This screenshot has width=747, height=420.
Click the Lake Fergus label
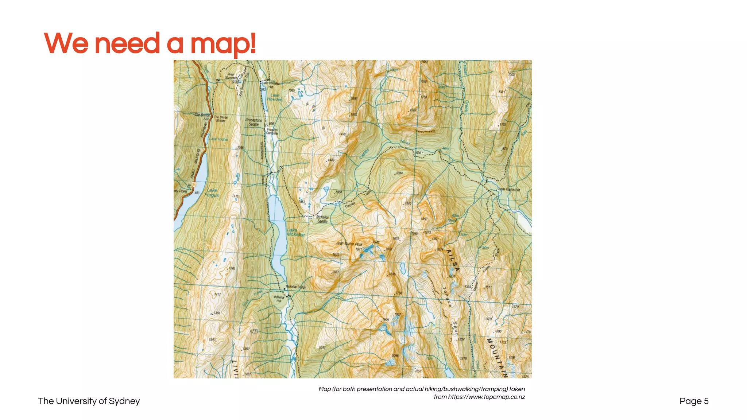pos(212,192)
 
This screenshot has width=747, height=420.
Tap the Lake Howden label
pos(275,97)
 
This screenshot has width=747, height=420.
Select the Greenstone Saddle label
pos(253,122)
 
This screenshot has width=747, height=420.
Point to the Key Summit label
pos(231,76)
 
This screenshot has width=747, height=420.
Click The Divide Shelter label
pos(221,119)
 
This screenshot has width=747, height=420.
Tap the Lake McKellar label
pos(295,232)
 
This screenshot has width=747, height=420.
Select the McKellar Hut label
pos(279,299)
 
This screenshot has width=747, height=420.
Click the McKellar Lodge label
pos(295,287)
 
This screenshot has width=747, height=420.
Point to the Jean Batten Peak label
pos(349,244)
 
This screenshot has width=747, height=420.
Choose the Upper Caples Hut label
pos(509,190)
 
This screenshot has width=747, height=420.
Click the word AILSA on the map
pos(453,260)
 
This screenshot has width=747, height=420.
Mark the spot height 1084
pos(399,173)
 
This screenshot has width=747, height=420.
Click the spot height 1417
pos(217,294)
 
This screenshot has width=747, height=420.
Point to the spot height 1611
pos(488,287)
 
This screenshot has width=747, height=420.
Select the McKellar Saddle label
pos(322,219)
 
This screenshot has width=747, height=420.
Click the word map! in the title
pos(223,44)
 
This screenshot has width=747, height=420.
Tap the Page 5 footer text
pos(694,401)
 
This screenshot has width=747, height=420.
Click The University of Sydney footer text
pos(89,401)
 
